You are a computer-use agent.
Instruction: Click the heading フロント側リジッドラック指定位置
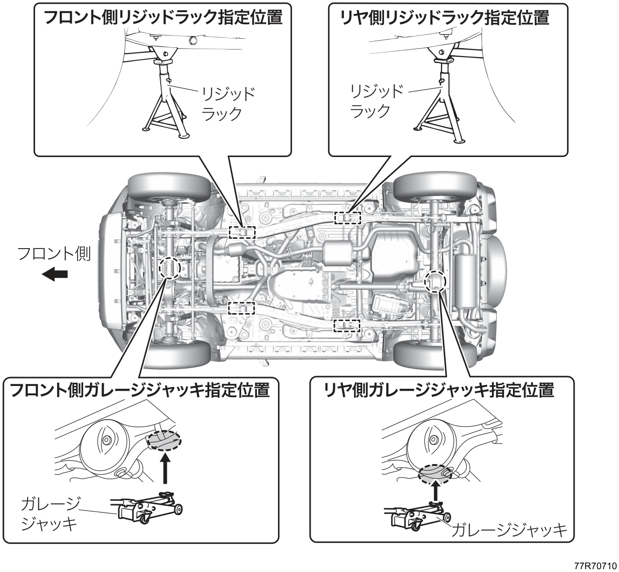(163, 17)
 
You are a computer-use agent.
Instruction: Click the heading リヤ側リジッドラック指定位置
(445, 17)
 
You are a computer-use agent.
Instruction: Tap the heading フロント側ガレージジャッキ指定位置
(140, 390)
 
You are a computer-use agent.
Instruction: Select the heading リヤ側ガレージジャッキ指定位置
(439, 390)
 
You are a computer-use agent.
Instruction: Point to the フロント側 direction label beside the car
(54, 254)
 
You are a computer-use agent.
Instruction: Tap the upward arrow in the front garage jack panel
(165, 468)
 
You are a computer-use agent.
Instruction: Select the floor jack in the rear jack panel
(417, 520)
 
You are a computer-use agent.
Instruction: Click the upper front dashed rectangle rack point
(242, 232)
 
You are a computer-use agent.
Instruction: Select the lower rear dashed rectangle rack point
(347, 326)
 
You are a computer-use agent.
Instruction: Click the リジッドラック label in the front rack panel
(228, 104)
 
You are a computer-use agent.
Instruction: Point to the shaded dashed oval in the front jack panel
(164, 440)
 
